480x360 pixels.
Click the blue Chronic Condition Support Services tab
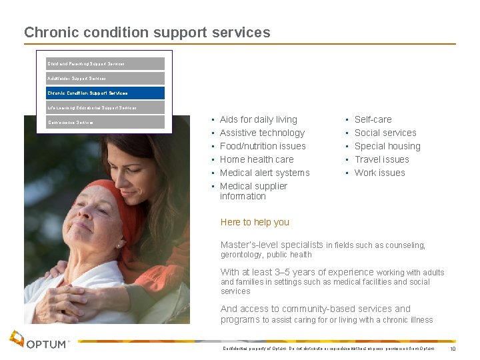(105, 93)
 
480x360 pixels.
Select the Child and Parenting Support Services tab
(105, 64)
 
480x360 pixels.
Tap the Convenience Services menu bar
(105, 123)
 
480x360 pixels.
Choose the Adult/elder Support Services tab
(105, 79)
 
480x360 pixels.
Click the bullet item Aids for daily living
(258, 119)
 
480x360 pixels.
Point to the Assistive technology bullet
(262, 133)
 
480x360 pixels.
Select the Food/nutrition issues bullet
(263, 146)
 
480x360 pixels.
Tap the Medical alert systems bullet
(265, 173)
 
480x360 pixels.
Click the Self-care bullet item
(373, 119)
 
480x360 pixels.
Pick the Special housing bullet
(387, 146)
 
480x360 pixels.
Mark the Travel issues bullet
(381, 159)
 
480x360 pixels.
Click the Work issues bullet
(379, 173)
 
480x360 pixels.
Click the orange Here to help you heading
(254, 222)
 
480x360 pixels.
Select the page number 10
(453, 349)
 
